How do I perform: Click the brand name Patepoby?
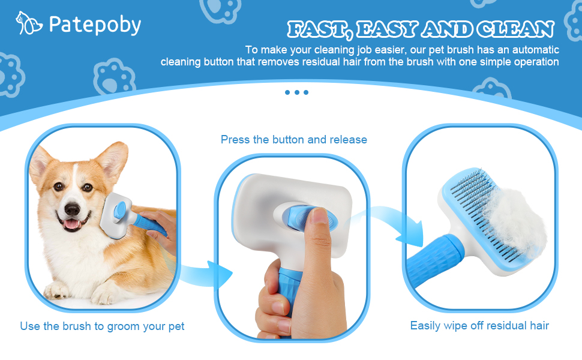tap(95, 25)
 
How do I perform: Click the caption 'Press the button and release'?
tap(293, 140)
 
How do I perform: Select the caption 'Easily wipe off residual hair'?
tap(479, 326)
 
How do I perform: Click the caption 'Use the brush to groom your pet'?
tap(102, 326)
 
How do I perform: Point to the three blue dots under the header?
tap(296, 92)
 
